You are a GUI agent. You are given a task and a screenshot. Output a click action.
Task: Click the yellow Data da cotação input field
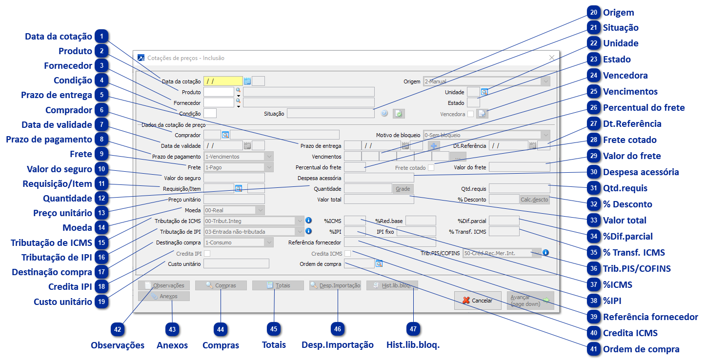pyautogui.click(x=223, y=81)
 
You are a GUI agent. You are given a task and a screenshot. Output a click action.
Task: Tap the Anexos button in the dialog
pyautogui.click(x=164, y=296)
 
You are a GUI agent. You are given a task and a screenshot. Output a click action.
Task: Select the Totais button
pyautogui.click(x=278, y=285)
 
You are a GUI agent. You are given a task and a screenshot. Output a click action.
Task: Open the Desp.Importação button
pyautogui.click(x=335, y=285)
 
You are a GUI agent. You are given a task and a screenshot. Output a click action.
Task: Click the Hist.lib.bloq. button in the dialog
pyautogui.click(x=392, y=285)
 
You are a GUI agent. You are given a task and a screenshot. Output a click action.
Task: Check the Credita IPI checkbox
pyautogui.click(x=207, y=254)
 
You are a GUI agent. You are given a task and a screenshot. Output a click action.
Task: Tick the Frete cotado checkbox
pyautogui.click(x=431, y=168)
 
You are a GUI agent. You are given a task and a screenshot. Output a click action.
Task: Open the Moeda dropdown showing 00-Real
pyautogui.click(x=234, y=210)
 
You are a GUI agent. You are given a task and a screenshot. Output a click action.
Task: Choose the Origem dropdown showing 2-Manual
pyautogui.click(x=486, y=81)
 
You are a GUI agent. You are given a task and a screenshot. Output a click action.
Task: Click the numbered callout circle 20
pyautogui.click(x=593, y=12)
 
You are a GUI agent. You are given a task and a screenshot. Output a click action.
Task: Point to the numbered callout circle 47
pyautogui.click(x=413, y=329)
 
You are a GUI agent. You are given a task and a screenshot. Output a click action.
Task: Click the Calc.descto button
pyautogui.click(x=535, y=199)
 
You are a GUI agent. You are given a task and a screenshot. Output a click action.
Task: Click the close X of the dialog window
pyautogui.click(x=552, y=58)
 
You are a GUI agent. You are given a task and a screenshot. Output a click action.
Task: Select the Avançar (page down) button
pyautogui.click(x=530, y=301)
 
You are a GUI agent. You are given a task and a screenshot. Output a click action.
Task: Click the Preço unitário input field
pyautogui.click(x=234, y=199)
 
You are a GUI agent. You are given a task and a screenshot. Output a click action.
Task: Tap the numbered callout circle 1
pyautogui.click(x=101, y=36)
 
